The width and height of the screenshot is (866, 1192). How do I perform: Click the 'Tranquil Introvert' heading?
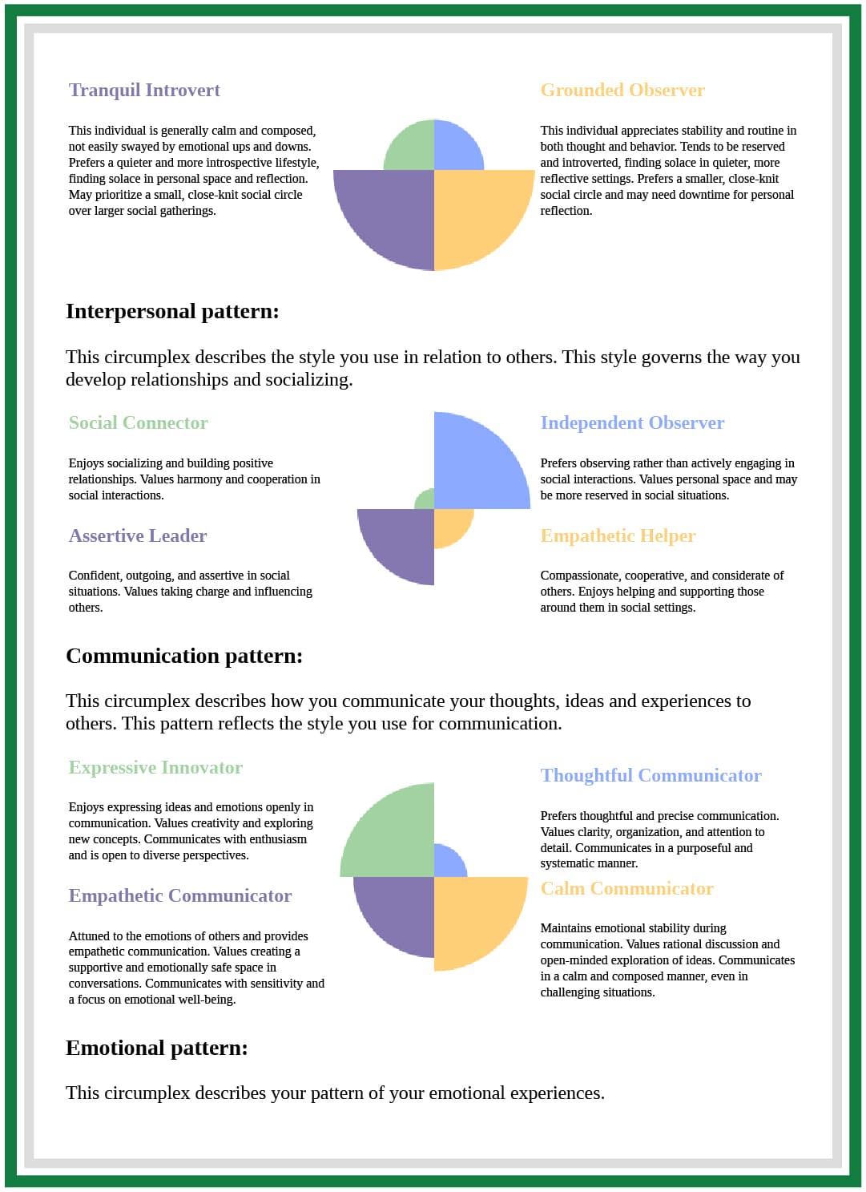[144, 90]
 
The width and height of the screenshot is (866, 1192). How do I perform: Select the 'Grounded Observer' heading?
[622, 90]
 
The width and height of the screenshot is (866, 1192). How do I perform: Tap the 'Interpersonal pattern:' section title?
[172, 311]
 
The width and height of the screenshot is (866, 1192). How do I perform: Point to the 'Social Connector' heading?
[138, 422]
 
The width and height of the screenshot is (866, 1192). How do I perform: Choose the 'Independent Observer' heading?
[632, 422]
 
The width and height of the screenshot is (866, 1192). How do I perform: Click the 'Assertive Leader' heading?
[138, 535]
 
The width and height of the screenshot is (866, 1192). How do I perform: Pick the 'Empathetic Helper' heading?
[618, 535]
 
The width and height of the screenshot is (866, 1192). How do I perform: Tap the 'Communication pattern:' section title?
[184, 656]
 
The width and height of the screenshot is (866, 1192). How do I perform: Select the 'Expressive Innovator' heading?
[155, 767]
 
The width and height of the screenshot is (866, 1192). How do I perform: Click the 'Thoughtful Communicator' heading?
[651, 775]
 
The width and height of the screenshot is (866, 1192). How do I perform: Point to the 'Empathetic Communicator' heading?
[180, 895]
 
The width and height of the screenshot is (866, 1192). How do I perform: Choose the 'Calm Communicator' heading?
[626, 888]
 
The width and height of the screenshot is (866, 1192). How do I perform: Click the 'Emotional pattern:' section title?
[157, 1048]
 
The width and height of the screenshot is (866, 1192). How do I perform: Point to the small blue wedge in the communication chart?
[447, 863]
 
